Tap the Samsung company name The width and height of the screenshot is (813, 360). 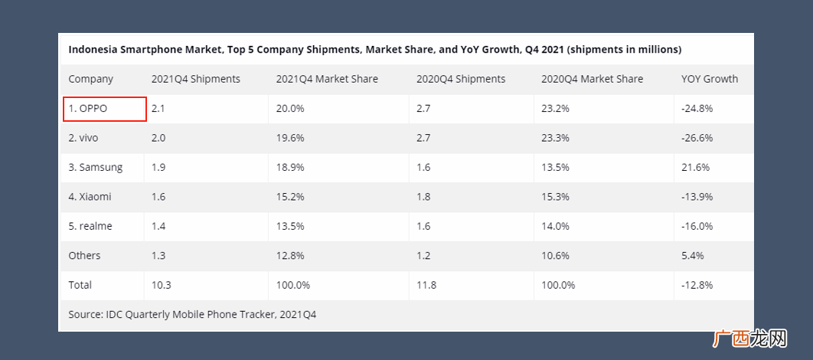click(96, 168)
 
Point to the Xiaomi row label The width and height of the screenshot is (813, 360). click(90, 197)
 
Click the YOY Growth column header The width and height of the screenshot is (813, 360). click(710, 80)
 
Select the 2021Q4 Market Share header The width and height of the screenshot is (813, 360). click(327, 80)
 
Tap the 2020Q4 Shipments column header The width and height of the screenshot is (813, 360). click(460, 80)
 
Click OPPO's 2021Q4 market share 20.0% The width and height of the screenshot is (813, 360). click(290, 109)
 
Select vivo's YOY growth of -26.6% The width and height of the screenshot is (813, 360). click(697, 138)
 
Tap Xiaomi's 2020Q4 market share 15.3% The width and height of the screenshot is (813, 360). click(555, 197)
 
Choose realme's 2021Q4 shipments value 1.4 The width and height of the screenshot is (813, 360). click(158, 226)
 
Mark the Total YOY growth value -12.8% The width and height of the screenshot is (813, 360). click(697, 285)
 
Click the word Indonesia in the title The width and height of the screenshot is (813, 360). click(92, 50)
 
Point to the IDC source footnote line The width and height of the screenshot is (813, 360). click(192, 315)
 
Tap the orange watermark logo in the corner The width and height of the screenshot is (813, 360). click(753, 339)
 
